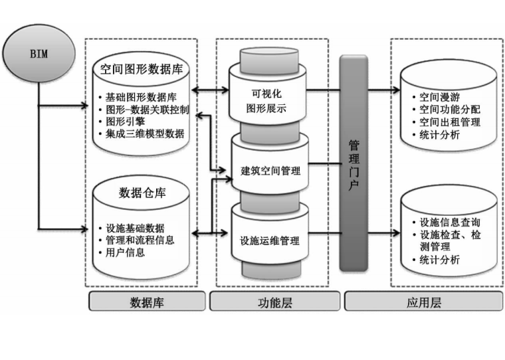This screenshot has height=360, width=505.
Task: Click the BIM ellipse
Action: [39, 54]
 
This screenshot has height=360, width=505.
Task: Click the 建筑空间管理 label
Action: [270, 171]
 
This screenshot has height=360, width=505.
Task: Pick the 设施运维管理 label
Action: [269, 240]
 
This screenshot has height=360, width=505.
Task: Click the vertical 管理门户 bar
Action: [353, 163]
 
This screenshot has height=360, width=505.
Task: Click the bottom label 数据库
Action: [146, 303]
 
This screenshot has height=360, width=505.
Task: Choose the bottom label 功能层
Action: [273, 303]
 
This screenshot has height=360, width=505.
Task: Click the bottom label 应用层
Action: [423, 303]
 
